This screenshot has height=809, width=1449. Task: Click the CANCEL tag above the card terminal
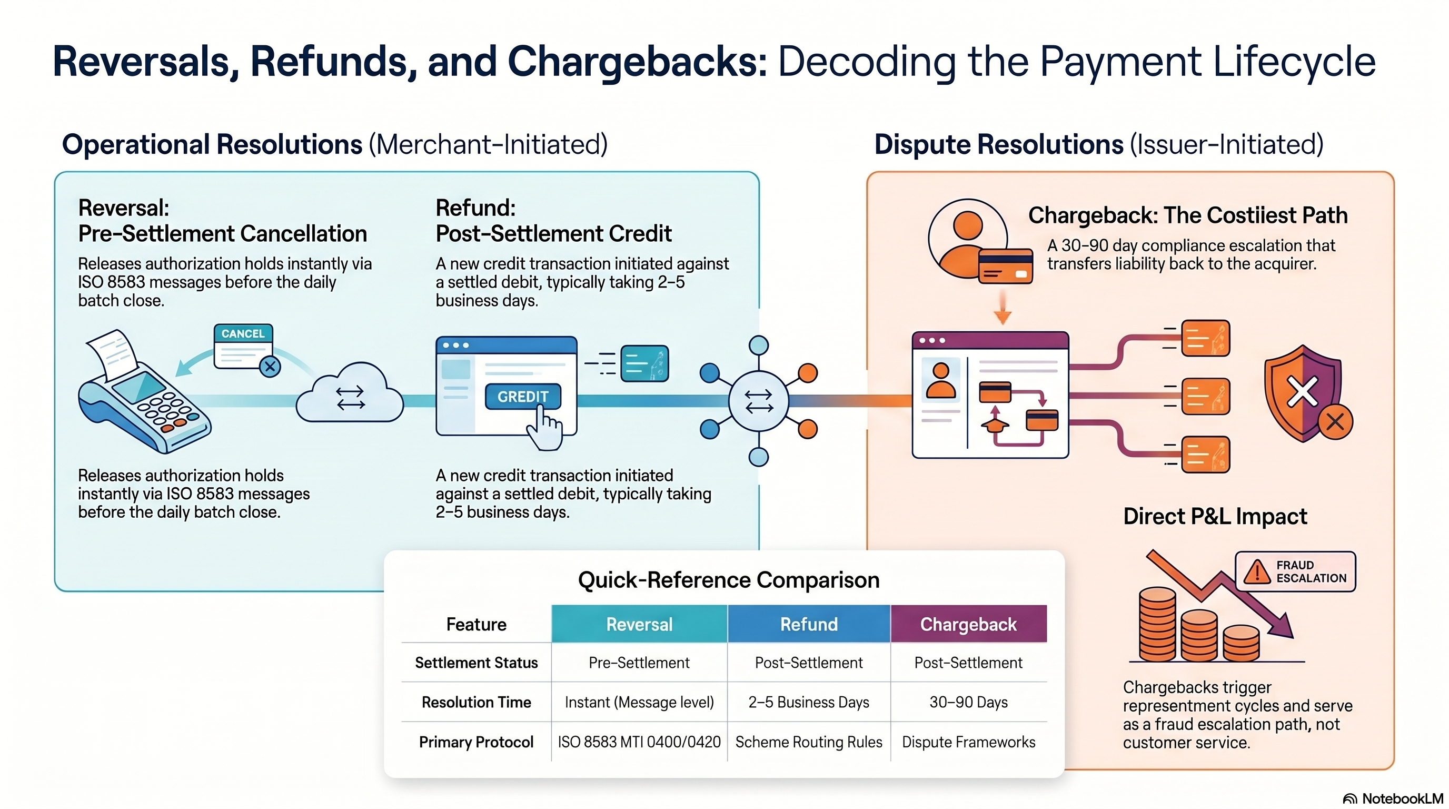[x=243, y=333]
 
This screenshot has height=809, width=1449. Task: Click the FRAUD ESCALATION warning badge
[x=1295, y=571]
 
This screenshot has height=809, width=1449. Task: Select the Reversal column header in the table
[x=639, y=624]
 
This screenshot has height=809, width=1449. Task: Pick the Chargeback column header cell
[x=968, y=624]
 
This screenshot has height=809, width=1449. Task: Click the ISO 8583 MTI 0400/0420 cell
[x=639, y=742]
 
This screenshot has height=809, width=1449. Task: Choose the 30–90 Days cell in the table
[x=968, y=702]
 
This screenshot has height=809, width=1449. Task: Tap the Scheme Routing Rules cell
[x=808, y=742]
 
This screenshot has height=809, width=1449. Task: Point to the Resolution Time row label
[x=476, y=702]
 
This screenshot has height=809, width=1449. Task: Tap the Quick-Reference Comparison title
[x=728, y=580]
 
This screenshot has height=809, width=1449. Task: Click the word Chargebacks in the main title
[x=637, y=61]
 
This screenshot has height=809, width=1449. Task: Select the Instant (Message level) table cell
[x=639, y=702]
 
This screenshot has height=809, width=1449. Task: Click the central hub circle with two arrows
[x=758, y=401]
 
